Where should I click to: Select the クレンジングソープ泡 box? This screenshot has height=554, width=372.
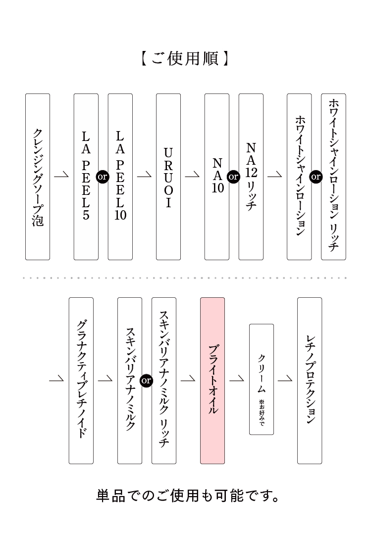pos(38,177)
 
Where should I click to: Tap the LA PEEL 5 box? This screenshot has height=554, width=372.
pos(86,177)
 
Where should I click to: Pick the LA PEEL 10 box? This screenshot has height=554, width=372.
pos(120,177)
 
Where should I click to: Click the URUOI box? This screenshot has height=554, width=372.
pos(168,177)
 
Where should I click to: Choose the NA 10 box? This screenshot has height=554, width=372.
pos(217,177)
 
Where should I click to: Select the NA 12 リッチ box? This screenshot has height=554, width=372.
pos(251,177)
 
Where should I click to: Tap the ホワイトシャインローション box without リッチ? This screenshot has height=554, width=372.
pos(300,177)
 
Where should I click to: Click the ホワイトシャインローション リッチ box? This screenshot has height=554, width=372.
pos(334,177)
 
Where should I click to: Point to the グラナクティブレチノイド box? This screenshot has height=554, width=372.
pos(81,380)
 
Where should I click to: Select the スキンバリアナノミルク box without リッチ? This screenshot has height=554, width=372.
pos(130,380)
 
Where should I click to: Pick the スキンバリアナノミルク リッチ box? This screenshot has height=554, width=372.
pos(164,380)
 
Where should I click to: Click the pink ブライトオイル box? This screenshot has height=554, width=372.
pos(213,380)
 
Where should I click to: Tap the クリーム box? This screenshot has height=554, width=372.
pos(262,379)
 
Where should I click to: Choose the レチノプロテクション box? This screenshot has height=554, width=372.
pos(310,380)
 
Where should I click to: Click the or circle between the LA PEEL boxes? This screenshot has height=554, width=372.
pos(103,177)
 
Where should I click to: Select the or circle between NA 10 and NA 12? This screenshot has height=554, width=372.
pos(233,177)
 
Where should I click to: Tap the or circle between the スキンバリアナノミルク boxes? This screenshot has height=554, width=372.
pos(147,380)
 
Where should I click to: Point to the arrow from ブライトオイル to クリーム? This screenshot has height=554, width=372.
pos(237,380)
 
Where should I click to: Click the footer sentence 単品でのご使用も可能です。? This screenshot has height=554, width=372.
pos(188,495)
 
